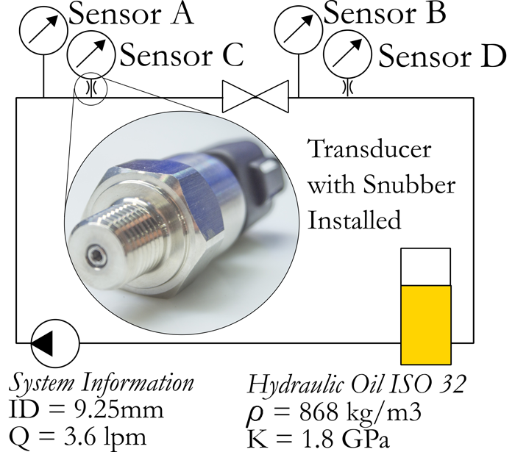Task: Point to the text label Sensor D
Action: tap(442, 55)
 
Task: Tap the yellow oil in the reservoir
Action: tap(424, 323)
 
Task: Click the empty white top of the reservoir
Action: tap(424, 266)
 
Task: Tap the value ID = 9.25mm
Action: tap(86, 410)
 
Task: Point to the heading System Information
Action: tap(102, 383)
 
